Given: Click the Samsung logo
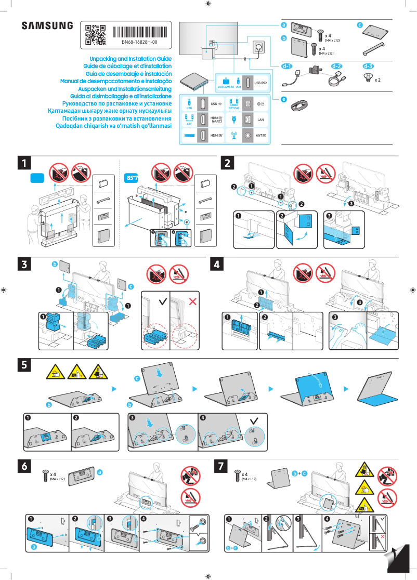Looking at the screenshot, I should pos(47,25).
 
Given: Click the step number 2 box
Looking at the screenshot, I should pos(228,163).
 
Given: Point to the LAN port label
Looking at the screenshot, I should pos(262,120).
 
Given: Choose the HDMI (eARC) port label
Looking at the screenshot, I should pos(216,120).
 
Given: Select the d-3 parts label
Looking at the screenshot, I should pos(368,67).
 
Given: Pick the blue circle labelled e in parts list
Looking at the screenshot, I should pos(284,99).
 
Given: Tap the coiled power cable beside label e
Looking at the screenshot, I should pos(299,105).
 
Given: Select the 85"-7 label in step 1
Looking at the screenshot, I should pos(133,178).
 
